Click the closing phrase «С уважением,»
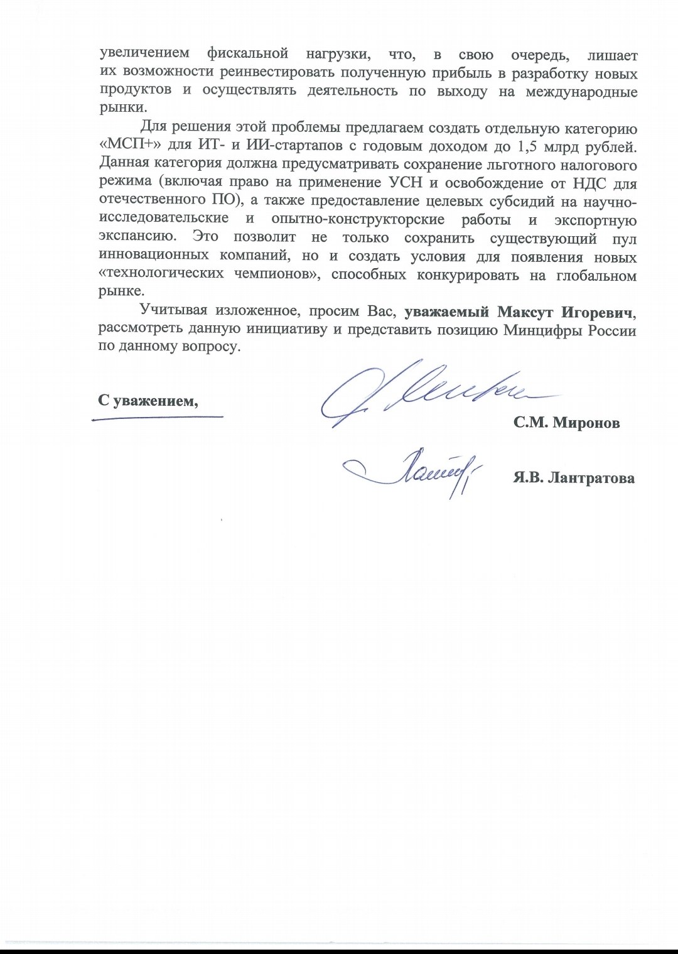pyautogui.click(x=148, y=400)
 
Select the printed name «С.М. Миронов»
pyautogui.click(x=566, y=423)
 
